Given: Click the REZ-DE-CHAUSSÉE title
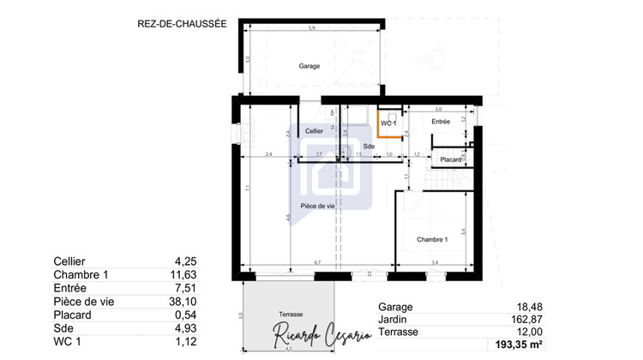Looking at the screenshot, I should pos(181,25).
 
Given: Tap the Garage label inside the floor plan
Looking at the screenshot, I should pos(309,66).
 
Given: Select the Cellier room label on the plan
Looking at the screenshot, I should pos(314,130).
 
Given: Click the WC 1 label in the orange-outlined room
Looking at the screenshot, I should pos(388,124).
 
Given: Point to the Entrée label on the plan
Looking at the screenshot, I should pos(441,123).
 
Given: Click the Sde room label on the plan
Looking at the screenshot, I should pos(369,147).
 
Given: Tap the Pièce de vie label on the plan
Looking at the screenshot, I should pos(316,207).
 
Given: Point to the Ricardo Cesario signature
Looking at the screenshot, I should pos(321,336).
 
